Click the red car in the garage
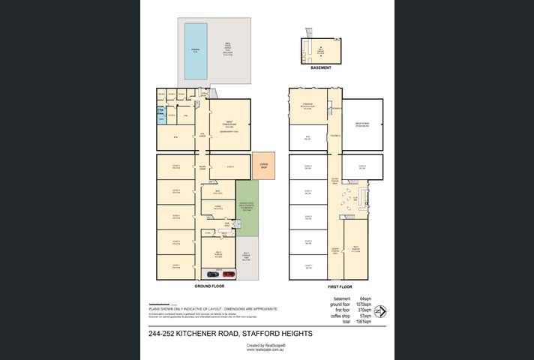point(229,274)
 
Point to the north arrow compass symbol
point(380,311)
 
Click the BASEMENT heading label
point(321,67)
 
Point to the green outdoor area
point(247,206)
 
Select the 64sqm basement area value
point(366,298)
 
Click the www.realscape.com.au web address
point(262,349)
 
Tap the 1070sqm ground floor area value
point(365,304)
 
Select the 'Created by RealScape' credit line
point(262,345)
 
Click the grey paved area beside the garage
point(247,259)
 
